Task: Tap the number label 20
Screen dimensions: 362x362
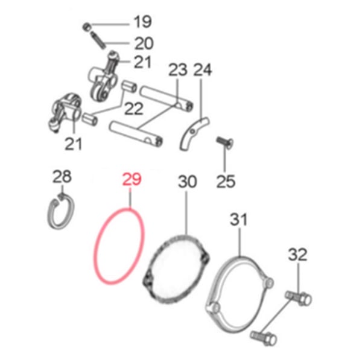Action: pos(144,43)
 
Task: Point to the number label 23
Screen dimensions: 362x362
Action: pos(178,71)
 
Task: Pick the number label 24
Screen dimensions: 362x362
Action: pos(203,71)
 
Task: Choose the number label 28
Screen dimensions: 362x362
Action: pos(62,177)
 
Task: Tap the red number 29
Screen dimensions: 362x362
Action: pos(132,179)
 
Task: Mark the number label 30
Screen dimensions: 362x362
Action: pos(186,182)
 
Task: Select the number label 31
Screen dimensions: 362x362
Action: pos(238,220)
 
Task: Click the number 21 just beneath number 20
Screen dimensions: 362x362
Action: pos(142,62)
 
